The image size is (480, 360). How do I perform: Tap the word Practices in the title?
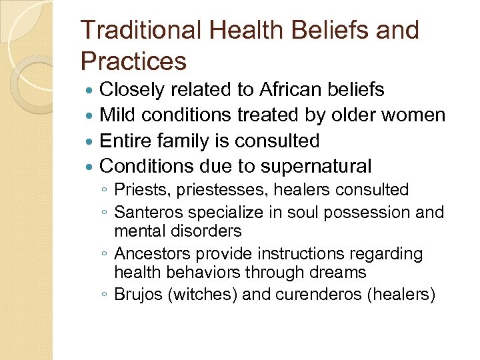click(133, 62)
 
